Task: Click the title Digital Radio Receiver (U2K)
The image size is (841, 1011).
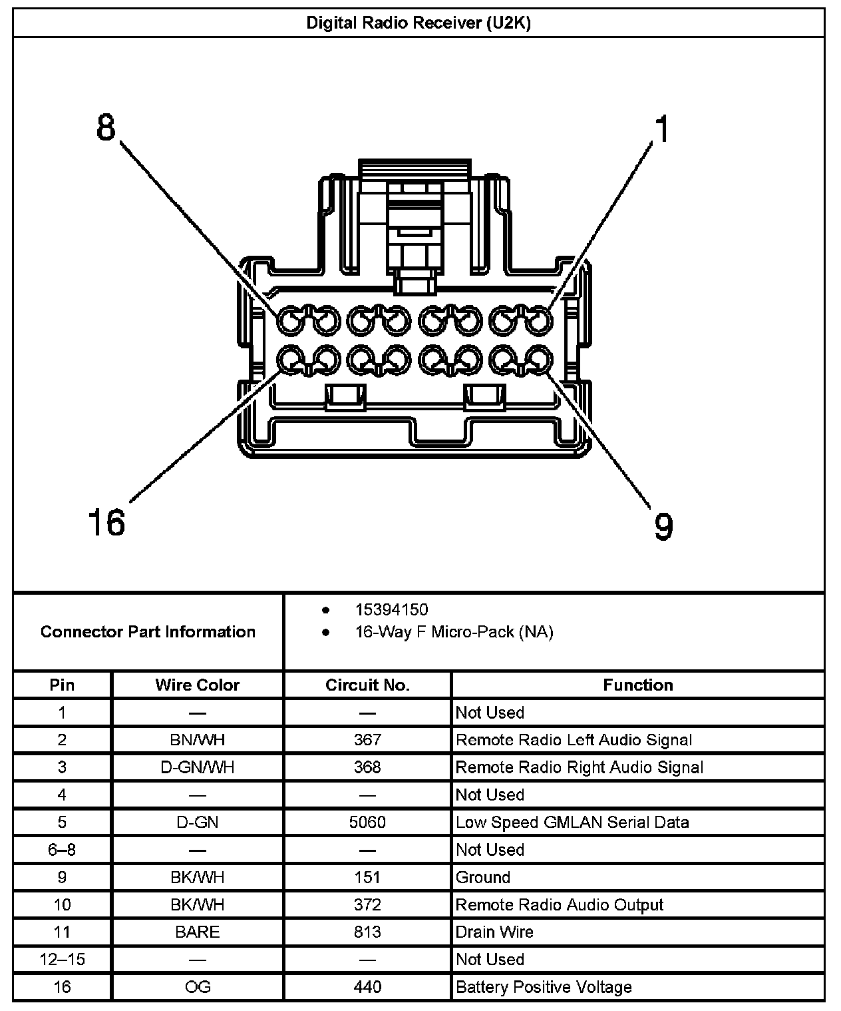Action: tap(418, 23)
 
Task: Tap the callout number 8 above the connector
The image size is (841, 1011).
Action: tap(106, 127)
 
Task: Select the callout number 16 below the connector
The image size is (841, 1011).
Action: tap(106, 521)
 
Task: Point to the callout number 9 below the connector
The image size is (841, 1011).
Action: tap(663, 526)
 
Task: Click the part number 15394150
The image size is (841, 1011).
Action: tap(391, 609)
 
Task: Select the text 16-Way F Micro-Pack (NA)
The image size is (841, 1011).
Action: tap(454, 631)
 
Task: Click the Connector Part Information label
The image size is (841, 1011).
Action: tap(148, 631)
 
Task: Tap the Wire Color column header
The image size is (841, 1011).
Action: tap(197, 685)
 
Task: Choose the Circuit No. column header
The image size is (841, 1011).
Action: tap(367, 685)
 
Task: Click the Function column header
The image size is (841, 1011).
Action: tap(637, 685)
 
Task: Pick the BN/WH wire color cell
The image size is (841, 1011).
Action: tap(197, 740)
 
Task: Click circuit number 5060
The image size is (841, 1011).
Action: tap(367, 822)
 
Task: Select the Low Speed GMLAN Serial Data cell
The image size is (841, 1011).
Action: tap(572, 822)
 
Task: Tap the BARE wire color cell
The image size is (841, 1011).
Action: tap(197, 932)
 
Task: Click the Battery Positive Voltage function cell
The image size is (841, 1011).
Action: tap(544, 986)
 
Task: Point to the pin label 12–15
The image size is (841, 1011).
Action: tap(62, 959)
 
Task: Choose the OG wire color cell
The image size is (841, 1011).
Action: tap(197, 986)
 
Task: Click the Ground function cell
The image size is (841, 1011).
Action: tap(483, 877)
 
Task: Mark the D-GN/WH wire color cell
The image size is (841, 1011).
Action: tap(197, 767)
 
